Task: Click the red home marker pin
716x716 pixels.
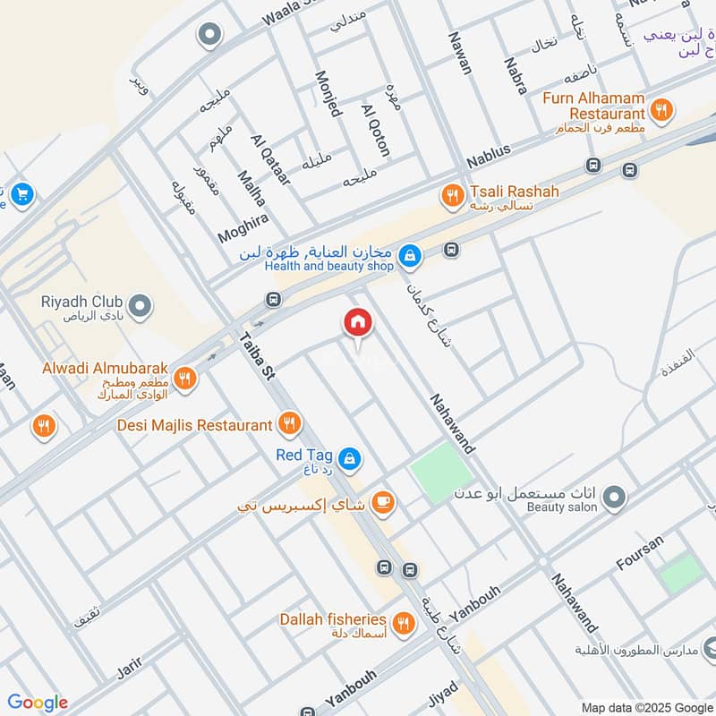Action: [357, 323]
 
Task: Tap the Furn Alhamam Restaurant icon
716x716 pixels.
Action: [661, 110]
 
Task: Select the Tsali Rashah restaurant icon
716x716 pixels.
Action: [453, 193]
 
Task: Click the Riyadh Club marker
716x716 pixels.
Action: [139, 307]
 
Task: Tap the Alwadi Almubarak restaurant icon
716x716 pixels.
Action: [186, 377]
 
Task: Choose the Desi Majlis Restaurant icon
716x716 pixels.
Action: [289, 423]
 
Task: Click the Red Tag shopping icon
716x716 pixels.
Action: [350, 458]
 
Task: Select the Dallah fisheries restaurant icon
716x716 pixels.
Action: [403, 622]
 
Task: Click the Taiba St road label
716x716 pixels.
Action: [256, 359]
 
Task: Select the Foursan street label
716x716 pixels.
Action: [641, 553]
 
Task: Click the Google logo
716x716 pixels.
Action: [38, 703]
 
